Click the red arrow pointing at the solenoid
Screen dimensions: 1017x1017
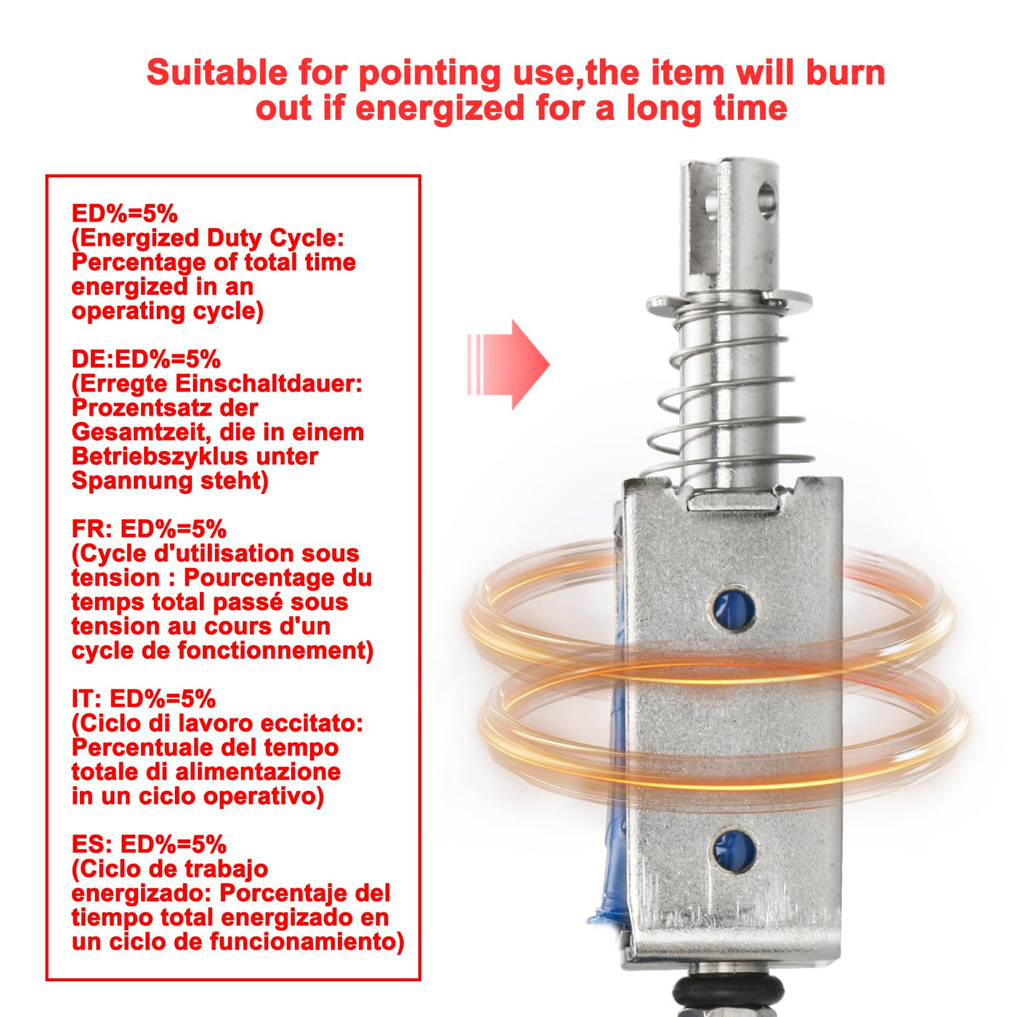[x=508, y=365]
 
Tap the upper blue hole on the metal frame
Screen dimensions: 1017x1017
[x=733, y=609]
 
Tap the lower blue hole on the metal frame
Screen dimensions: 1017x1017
[x=734, y=850]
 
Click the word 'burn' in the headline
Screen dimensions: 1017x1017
[x=846, y=73]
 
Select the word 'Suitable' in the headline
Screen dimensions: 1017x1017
[x=217, y=73]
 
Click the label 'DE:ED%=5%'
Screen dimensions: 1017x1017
[x=146, y=360]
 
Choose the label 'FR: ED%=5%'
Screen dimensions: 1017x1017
[x=149, y=529]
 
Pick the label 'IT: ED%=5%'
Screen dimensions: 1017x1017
[x=144, y=700]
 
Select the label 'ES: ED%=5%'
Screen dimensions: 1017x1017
[x=149, y=844]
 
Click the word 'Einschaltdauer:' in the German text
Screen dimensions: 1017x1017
[x=270, y=384]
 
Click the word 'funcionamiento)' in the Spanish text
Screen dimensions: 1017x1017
[x=307, y=941]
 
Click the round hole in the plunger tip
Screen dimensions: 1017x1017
[x=767, y=200]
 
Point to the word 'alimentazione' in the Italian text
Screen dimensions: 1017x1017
[x=258, y=772]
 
